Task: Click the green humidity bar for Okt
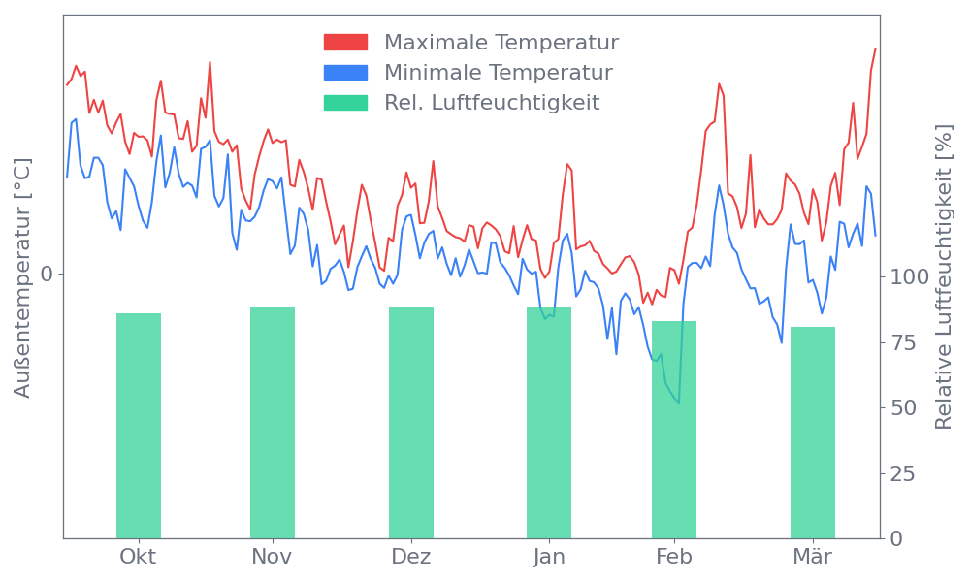pyautogui.click(x=139, y=425)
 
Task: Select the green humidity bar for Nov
pyautogui.click(x=273, y=422)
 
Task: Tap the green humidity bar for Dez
pyautogui.click(x=411, y=422)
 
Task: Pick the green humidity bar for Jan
pyautogui.click(x=549, y=422)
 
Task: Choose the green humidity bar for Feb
pyautogui.click(x=674, y=429)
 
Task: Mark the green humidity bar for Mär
pyautogui.click(x=813, y=432)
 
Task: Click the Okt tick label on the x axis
pyautogui.click(x=138, y=557)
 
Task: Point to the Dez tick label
pyautogui.click(x=411, y=557)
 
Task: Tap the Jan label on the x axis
pyautogui.click(x=549, y=557)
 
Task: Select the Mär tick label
pyautogui.click(x=813, y=557)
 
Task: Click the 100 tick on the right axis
pyautogui.click(x=910, y=277)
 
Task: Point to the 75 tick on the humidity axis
pyautogui.click(x=904, y=342)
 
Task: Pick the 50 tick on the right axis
pyautogui.click(x=904, y=408)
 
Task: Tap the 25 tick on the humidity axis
pyautogui.click(x=904, y=473)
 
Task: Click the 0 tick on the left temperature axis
pyautogui.click(x=46, y=275)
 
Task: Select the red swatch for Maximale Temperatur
pyautogui.click(x=345, y=42)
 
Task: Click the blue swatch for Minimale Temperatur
pyautogui.click(x=345, y=72)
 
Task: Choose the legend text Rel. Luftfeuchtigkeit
pyautogui.click(x=492, y=102)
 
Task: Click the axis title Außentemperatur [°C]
pyautogui.click(x=23, y=279)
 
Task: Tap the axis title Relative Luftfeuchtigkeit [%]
pyautogui.click(x=943, y=279)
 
